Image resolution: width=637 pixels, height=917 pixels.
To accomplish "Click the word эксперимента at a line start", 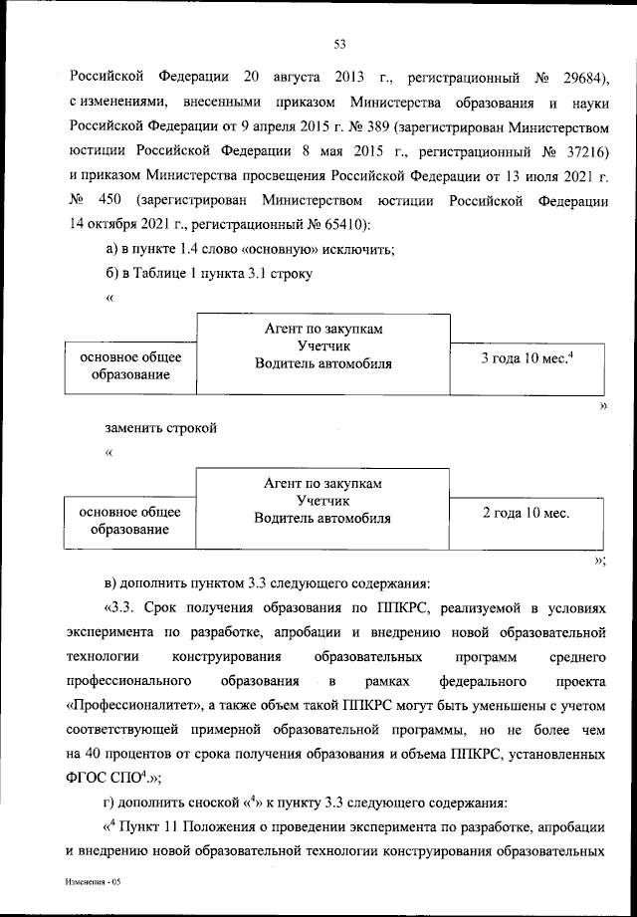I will point(112,631).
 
